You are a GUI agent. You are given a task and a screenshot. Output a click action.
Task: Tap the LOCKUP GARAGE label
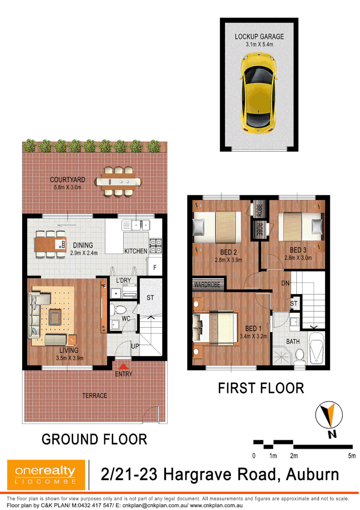259,36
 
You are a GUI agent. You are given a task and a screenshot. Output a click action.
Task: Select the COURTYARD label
68,180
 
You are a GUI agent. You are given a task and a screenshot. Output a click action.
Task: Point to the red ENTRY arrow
123,366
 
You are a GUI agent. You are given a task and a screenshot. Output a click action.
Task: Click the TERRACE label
95,395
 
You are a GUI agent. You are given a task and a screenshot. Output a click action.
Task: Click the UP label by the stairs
135,347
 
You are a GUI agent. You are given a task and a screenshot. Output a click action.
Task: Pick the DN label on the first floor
285,283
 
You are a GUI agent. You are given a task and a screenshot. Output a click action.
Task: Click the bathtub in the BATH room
316,348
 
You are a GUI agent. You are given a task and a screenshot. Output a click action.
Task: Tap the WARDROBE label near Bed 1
207,285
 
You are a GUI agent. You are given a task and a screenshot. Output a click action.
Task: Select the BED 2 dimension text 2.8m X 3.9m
228,260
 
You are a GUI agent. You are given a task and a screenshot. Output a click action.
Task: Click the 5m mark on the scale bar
352,456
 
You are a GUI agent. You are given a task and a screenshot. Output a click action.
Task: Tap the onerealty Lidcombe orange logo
45,474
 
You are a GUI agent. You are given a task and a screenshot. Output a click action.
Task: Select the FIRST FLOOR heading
260,388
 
